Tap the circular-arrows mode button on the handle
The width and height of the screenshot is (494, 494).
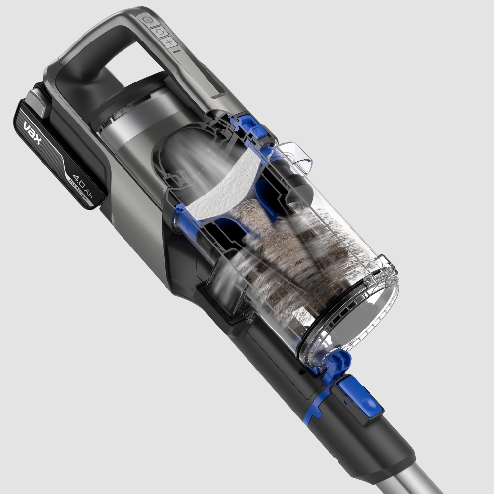(159, 31)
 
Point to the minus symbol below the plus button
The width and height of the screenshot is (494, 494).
(177, 50)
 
